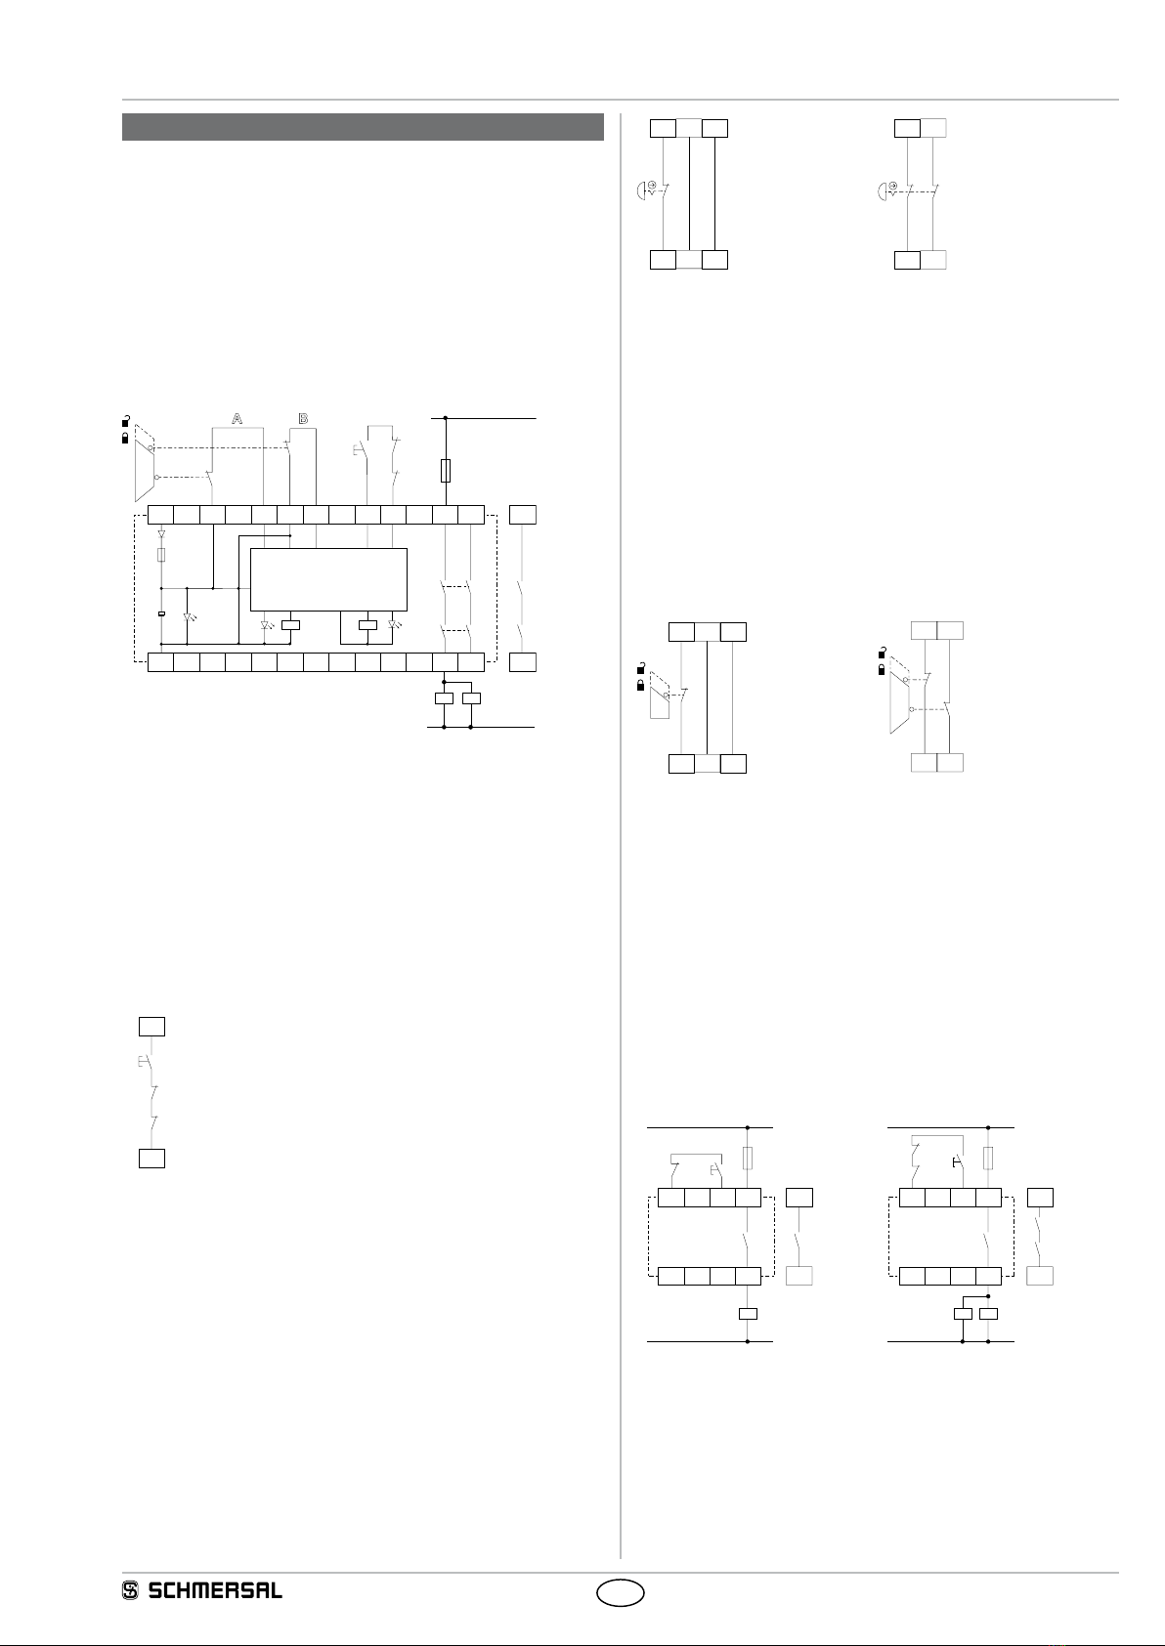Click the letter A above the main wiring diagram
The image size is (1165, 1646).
pos(237,418)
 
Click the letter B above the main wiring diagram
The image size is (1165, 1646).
pos(303,418)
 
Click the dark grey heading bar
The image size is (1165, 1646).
pos(363,127)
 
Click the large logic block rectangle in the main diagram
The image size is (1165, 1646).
pos(328,579)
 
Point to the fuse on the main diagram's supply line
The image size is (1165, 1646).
pos(446,471)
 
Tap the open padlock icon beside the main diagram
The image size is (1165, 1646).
pos(125,421)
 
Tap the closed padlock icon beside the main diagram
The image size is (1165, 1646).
pos(125,439)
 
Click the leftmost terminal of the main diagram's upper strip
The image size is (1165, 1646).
pos(159,515)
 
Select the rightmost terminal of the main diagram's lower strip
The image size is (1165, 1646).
pos(472,662)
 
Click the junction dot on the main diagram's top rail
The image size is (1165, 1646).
pos(446,418)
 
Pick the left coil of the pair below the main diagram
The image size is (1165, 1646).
pos(445,698)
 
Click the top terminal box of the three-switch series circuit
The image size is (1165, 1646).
pos(151,1026)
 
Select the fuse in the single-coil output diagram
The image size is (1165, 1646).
pos(748,1159)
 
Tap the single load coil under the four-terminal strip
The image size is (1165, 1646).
pos(748,1314)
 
